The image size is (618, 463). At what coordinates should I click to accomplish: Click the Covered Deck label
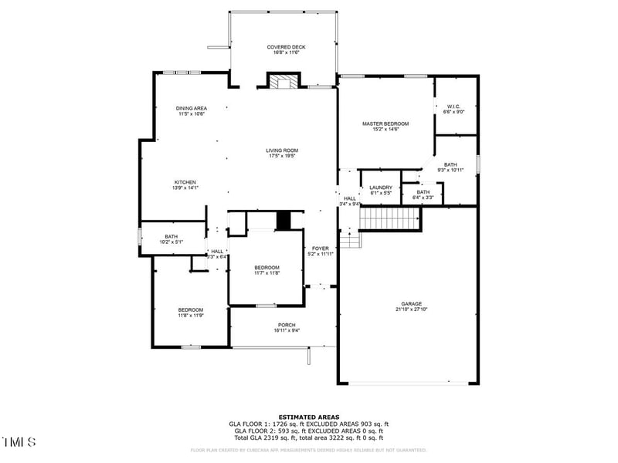click(286, 47)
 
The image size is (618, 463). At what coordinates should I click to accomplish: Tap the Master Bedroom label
click(385, 123)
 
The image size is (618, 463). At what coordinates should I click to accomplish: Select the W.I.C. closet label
click(453, 106)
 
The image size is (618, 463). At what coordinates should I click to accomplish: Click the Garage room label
click(411, 304)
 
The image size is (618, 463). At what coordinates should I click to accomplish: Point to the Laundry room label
click(381, 188)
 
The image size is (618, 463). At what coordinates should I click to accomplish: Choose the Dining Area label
click(191, 108)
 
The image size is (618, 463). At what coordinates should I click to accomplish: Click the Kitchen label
click(185, 182)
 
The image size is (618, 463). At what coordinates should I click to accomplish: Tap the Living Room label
click(283, 150)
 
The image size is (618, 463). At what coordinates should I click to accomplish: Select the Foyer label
click(320, 248)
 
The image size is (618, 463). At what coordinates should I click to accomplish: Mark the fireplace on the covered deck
click(283, 81)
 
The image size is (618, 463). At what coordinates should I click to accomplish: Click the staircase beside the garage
click(390, 219)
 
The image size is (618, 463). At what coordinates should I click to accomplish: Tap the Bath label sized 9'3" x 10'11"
click(450, 164)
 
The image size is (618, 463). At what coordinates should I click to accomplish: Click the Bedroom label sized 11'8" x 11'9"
click(190, 310)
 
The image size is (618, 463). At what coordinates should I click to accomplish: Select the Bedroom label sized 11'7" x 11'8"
click(267, 268)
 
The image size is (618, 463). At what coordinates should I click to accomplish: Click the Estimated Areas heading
click(308, 417)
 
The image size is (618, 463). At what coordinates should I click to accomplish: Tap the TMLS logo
click(19, 442)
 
